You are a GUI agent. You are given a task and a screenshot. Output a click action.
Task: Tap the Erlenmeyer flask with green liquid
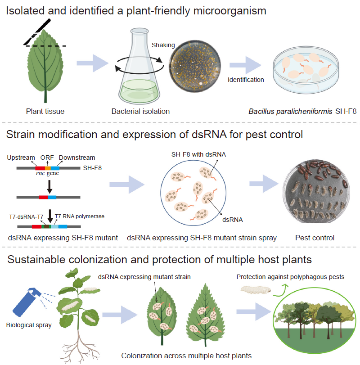(137, 68)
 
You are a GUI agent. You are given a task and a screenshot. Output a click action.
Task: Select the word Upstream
(21, 158)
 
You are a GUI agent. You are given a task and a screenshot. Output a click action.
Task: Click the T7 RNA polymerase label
(80, 216)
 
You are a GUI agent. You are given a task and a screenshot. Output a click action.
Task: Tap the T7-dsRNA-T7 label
(27, 216)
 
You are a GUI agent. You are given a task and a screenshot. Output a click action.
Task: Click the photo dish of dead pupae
(315, 194)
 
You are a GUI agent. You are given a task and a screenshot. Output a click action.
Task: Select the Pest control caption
(315, 238)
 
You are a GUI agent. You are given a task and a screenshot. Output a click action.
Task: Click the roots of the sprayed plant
(81, 347)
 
